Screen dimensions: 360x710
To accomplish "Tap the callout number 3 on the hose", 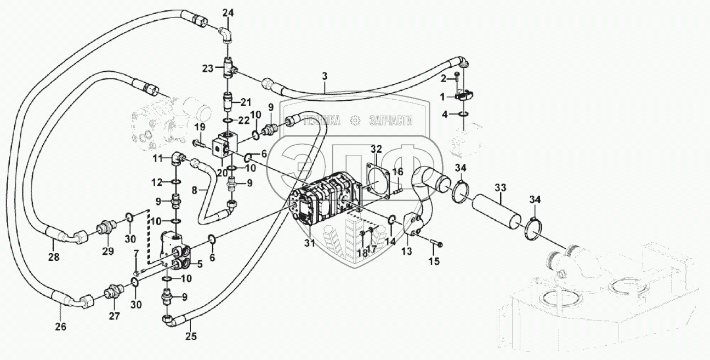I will tap(325, 76).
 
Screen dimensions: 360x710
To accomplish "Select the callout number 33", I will tap(499, 187).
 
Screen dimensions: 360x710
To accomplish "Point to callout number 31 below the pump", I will tap(310, 243).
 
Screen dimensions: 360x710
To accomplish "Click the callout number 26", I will tap(60, 327).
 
